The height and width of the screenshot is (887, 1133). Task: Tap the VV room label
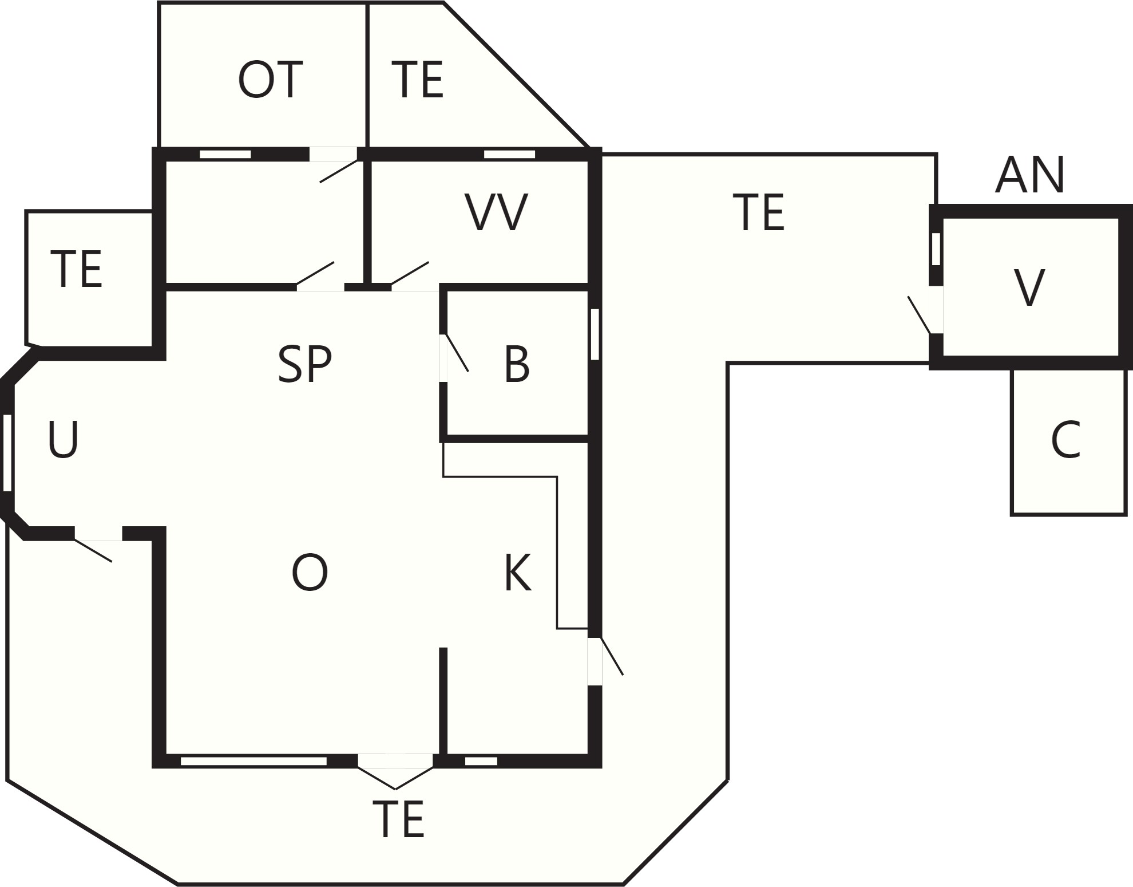(496, 212)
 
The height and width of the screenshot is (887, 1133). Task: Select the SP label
(304, 364)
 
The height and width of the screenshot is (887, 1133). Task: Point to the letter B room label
(517, 364)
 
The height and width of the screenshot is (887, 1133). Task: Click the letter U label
(63, 439)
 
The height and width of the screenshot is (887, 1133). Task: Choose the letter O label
(310, 573)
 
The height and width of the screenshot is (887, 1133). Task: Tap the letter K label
(518, 572)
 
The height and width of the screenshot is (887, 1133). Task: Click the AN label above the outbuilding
(1030, 175)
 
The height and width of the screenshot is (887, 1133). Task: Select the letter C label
(1065, 440)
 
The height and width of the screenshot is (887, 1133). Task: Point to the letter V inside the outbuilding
(1029, 287)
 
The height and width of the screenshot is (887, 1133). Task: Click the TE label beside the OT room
(418, 80)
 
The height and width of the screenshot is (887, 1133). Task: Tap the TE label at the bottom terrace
(398, 820)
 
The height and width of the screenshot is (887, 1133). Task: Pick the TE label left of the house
(77, 269)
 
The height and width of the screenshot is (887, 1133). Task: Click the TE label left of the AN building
(759, 212)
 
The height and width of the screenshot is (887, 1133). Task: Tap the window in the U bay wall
(7, 453)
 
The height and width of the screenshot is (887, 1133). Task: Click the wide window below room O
(253, 761)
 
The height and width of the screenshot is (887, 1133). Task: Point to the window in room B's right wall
(595, 334)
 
